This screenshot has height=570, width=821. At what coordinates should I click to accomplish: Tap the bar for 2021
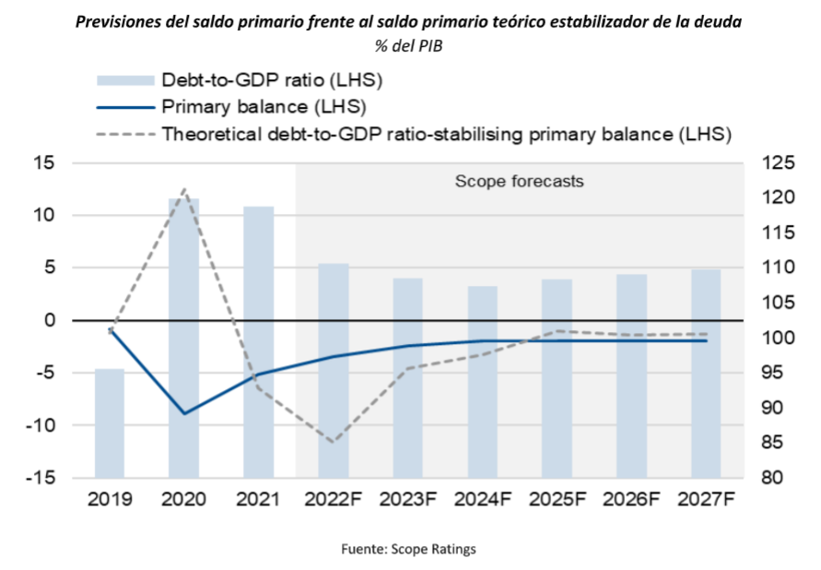(258, 341)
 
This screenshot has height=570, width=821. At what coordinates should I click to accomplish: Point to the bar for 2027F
(706, 373)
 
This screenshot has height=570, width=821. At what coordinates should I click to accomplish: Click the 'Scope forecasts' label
(520, 181)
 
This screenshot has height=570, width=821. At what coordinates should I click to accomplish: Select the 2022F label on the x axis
(333, 500)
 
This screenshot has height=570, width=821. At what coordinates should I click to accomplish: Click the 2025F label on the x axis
(557, 500)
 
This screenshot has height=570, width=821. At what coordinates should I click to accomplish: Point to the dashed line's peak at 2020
(184, 190)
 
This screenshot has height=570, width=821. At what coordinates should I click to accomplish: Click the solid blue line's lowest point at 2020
(184, 413)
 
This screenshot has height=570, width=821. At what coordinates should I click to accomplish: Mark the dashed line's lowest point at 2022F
(333, 442)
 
